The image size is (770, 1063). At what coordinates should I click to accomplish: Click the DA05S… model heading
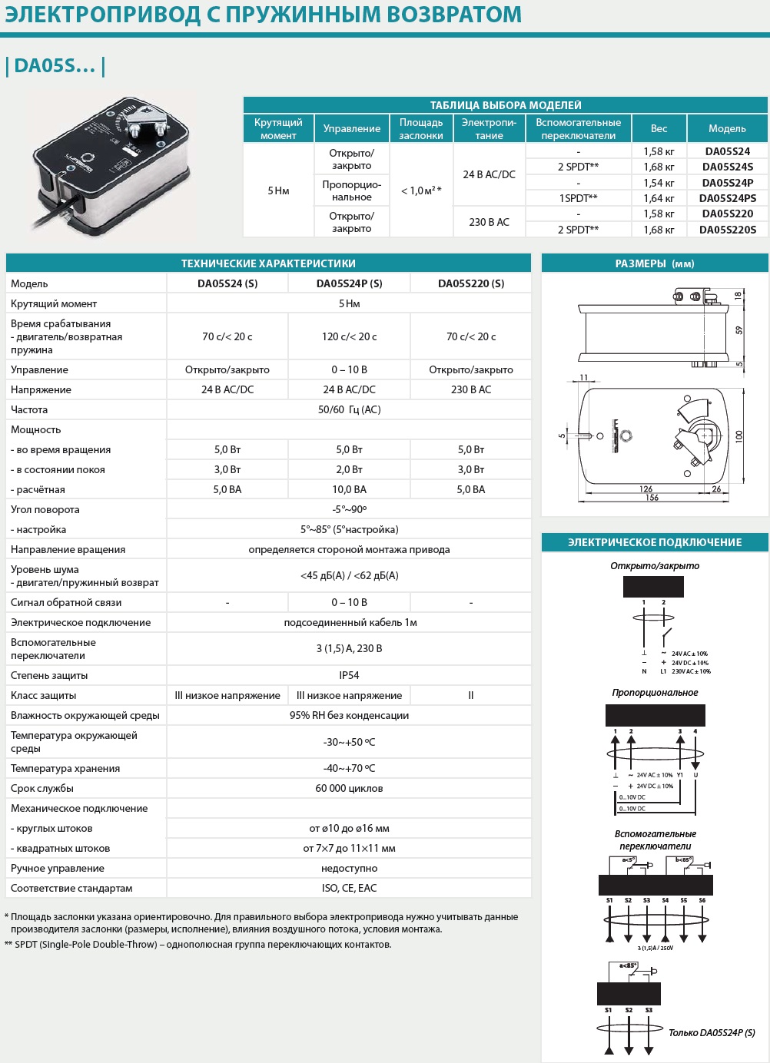55,66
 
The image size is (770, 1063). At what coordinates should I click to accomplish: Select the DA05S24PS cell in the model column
727,198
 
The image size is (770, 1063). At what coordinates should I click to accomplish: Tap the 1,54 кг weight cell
659,183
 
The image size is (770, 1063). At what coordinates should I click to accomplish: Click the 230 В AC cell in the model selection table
489,222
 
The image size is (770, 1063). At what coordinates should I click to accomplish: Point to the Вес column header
659,128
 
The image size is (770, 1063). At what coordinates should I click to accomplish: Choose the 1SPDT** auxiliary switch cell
578,198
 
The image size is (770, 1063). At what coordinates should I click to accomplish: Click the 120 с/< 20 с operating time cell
349,336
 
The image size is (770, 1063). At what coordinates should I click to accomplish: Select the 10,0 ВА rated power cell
349,489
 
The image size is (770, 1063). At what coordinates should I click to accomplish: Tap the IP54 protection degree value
349,675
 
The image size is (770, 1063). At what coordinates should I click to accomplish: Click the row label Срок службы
42,788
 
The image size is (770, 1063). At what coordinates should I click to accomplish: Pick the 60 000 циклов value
349,788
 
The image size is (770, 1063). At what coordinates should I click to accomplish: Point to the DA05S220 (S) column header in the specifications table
471,283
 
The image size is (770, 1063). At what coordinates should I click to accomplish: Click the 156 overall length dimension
652,498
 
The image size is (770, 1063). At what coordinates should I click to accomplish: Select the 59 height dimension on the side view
738,330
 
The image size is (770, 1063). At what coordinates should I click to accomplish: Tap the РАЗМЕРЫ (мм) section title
655,263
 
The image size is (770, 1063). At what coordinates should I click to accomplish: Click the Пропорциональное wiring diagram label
655,693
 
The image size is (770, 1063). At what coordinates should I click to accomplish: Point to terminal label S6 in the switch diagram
702,900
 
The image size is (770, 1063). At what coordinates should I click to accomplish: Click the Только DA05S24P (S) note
712,1032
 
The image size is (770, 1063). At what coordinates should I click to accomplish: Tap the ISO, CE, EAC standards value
349,888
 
